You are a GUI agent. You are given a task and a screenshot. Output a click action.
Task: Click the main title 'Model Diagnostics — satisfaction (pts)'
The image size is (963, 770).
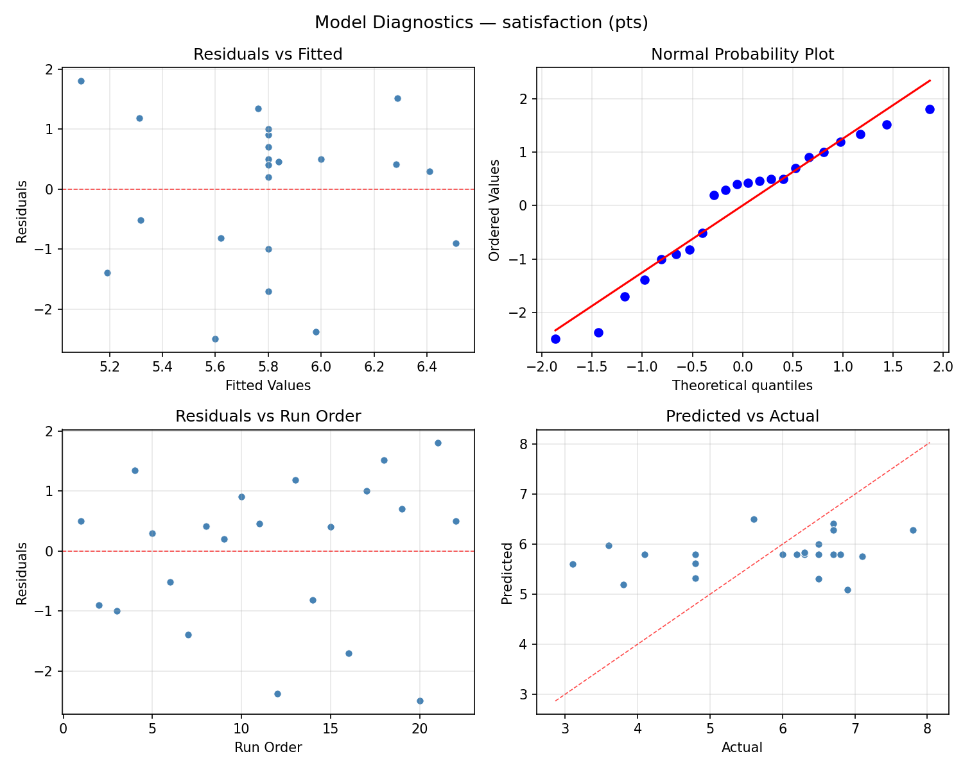click(481, 23)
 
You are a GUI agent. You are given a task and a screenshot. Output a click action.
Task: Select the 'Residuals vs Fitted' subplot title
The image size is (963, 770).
click(268, 55)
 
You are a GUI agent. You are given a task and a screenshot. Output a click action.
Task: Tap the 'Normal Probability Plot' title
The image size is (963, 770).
click(742, 55)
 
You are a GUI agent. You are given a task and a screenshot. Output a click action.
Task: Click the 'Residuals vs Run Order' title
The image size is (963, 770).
click(268, 416)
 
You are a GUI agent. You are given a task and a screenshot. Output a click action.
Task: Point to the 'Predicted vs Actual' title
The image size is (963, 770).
click(742, 416)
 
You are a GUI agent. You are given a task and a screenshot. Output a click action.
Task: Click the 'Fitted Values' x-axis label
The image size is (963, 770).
click(268, 386)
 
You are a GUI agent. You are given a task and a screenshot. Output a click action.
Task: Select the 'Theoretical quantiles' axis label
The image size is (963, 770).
click(742, 386)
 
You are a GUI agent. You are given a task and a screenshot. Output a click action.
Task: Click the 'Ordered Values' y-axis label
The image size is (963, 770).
click(494, 210)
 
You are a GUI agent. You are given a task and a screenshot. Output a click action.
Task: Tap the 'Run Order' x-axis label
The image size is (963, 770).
click(268, 748)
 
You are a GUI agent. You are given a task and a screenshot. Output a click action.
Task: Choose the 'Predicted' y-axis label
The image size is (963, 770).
click(507, 573)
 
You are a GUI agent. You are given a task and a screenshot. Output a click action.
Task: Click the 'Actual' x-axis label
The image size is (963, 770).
click(742, 748)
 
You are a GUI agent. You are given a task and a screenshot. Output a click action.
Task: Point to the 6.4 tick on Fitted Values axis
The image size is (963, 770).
click(426, 367)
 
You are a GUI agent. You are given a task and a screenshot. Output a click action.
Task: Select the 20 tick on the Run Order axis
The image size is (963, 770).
click(419, 729)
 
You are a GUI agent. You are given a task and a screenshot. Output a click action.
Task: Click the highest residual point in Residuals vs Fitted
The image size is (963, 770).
click(81, 81)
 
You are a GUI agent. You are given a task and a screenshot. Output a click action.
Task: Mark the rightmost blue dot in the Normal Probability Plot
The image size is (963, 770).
click(929, 109)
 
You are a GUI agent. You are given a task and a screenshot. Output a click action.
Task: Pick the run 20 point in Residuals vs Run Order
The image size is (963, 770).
click(420, 701)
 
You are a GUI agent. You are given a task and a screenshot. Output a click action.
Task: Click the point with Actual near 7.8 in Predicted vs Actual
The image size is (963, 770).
click(912, 530)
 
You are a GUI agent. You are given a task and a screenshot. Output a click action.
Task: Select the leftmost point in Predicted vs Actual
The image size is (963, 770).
click(573, 564)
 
